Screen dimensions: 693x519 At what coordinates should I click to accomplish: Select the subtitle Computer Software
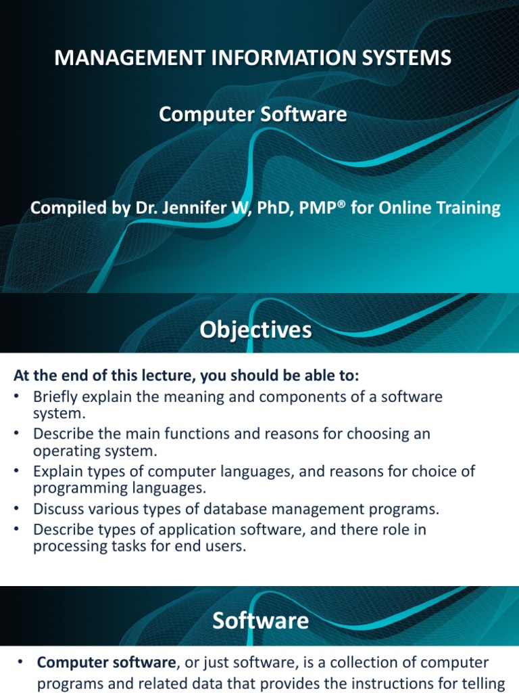pyautogui.click(x=253, y=115)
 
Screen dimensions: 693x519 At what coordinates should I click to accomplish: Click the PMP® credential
pyautogui.click(x=317, y=208)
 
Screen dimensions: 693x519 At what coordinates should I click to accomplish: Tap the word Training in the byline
pyautogui.click(x=466, y=208)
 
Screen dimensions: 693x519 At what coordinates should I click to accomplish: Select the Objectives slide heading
pyautogui.click(x=256, y=330)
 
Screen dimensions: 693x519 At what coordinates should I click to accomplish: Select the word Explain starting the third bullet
pyautogui.click(x=57, y=471)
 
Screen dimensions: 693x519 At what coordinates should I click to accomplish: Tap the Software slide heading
pyautogui.click(x=260, y=621)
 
